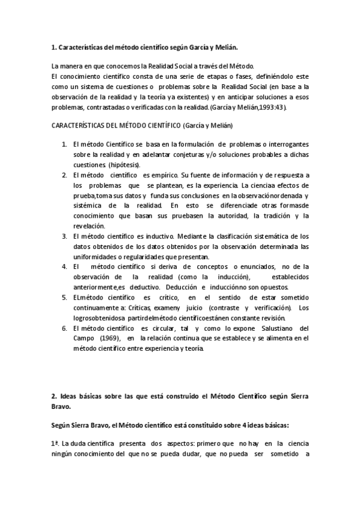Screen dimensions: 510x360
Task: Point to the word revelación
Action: (x=90, y=226)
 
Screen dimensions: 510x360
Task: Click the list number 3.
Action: (x=64, y=236)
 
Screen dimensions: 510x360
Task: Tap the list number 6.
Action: (x=64, y=328)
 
